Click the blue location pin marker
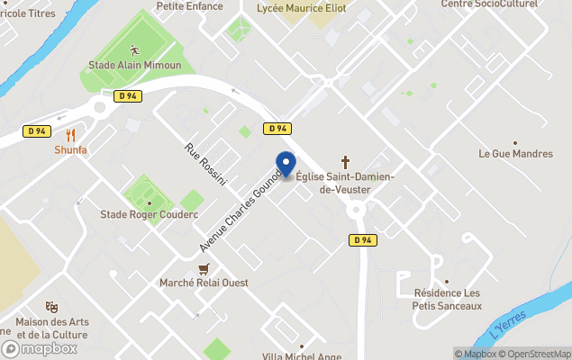click(286, 165)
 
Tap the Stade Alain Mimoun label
click(134, 66)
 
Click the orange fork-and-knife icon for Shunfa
click(70, 135)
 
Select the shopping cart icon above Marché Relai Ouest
click(204, 268)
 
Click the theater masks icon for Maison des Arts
click(51, 307)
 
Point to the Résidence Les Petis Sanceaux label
click(447, 299)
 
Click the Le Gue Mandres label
click(514, 153)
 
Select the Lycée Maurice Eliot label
click(301, 7)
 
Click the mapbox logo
click(40, 348)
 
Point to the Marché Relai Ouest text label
click(204, 283)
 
